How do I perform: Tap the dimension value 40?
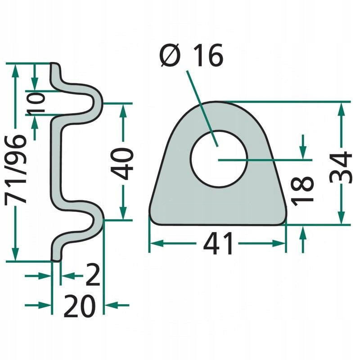coord(122,163)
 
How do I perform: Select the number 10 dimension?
coord(36,102)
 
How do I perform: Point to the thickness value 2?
coord(93,275)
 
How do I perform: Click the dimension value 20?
coord(80,306)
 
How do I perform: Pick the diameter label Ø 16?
coord(191,55)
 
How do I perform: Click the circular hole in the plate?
coord(219,158)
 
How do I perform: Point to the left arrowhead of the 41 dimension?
coord(157,243)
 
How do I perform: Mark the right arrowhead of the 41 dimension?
coord(279,243)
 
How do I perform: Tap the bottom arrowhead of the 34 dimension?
coord(342,217)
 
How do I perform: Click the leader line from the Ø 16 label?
coord(202,108)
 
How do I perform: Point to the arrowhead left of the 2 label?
coord(45,275)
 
